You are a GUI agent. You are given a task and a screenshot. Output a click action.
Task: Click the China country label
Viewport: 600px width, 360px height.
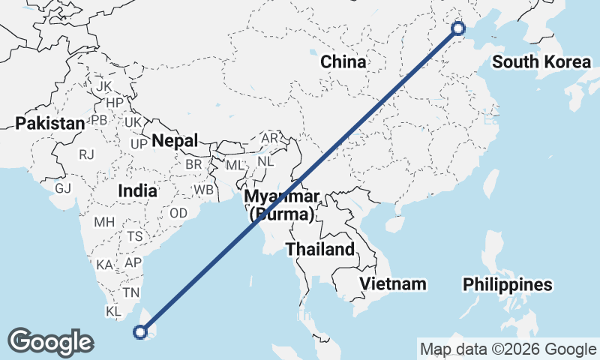click(343, 61)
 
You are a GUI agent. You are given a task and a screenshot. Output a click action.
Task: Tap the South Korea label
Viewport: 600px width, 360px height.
click(541, 61)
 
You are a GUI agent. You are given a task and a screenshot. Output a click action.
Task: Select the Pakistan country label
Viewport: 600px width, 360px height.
click(50, 123)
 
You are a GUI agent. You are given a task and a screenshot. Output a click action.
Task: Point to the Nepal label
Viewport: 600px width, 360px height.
click(175, 140)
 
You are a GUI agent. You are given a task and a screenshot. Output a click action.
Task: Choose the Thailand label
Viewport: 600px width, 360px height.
click(319, 249)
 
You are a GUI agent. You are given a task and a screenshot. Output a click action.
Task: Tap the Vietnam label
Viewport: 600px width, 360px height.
click(392, 283)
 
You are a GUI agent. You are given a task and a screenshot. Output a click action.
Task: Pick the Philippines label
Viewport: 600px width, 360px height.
click(508, 285)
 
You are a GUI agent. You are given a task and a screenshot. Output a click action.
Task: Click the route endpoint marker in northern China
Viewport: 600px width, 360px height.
click(459, 28)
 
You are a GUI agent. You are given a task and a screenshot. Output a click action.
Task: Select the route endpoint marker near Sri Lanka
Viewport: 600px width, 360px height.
click(140, 331)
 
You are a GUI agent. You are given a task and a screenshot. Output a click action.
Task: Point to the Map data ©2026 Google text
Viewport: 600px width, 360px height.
click(508, 349)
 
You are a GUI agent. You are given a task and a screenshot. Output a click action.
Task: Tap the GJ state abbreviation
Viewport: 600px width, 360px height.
click(63, 187)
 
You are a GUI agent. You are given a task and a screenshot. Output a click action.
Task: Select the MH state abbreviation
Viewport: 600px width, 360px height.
click(103, 222)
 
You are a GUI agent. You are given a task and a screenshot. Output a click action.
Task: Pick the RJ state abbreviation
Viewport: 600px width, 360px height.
click(87, 154)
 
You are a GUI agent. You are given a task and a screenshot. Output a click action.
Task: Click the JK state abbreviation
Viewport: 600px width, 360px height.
click(103, 85)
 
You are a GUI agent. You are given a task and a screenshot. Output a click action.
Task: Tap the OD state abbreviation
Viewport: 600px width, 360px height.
click(178, 213)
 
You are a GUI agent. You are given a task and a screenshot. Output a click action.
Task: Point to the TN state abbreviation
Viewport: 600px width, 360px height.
click(132, 292)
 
